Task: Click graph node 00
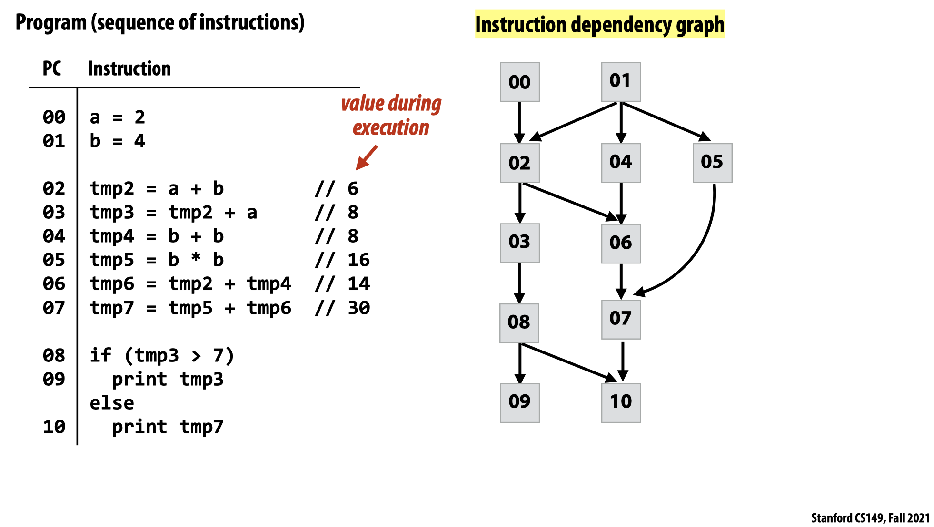[519, 82]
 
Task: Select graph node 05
[712, 163]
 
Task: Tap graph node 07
[621, 319]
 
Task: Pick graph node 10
[621, 402]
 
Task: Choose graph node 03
[519, 243]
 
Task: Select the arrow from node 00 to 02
[519, 122]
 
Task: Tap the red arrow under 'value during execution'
[367, 157]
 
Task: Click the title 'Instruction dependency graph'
[600, 25]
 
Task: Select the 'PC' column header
[52, 68]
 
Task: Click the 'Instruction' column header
[129, 68]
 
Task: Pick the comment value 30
[358, 308]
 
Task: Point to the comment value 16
[358, 260]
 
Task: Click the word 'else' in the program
[112, 403]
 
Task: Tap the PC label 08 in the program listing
[54, 355]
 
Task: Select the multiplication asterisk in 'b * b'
[196, 258]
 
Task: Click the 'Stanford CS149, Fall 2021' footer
[870, 517]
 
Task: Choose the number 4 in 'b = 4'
[139, 141]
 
